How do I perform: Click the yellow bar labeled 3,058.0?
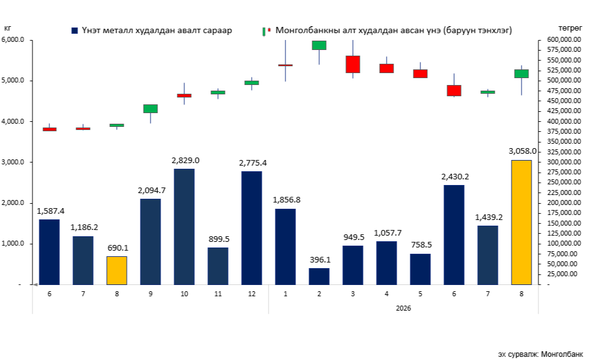(x=522, y=222)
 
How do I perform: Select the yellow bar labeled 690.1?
(x=117, y=271)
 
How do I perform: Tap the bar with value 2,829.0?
(x=184, y=227)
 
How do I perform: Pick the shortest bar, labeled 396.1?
(x=319, y=277)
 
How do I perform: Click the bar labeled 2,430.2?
(x=453, y=235)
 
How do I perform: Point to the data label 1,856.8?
(x=287, y=200)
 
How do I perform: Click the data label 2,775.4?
(x=253, y=163)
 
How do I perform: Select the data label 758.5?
(x=422, y=245)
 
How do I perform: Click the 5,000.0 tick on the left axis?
(x=12, y=81)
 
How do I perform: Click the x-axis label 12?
(x=252, y=294)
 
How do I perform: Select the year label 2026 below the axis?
(x=403, y=308)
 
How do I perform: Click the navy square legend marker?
(x=74, y=31)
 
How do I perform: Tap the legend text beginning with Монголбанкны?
(x=393, y=31)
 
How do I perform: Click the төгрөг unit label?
(x=570, y=29)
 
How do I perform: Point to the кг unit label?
(x=7, y=28)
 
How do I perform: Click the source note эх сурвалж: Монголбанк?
(x=540, y=354)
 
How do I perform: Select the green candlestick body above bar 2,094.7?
(x=151, y=109)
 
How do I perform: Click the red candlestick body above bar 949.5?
(x=353, y=64)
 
